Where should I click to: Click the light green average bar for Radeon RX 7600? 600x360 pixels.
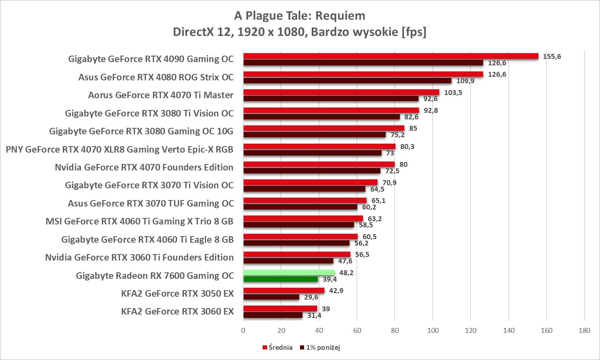click(289, 273)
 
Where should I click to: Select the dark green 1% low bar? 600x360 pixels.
click(281, 279)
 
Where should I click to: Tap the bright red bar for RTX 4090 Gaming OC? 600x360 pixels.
click(391, 56)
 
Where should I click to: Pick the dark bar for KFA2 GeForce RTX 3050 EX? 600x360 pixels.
click(271, 297)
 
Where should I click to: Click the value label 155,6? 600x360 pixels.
click(552, 56)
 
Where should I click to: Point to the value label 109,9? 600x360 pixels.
click(465, 81)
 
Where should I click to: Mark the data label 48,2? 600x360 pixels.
click(346, 273)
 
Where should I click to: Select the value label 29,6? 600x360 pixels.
click(311, 297)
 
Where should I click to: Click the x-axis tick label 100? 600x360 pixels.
click(433, 330)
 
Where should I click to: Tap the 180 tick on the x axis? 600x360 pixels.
click(584, 330)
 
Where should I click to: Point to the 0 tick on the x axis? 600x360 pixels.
click(243, 330)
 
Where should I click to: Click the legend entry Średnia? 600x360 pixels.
click(278, 347)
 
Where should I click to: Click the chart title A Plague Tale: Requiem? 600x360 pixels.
click(300, 16)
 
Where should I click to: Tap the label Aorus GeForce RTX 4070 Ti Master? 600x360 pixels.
click(161, 95)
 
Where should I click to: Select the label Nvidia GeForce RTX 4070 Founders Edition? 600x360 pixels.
click(144, 167)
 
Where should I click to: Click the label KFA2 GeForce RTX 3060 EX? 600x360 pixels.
click(177, 311)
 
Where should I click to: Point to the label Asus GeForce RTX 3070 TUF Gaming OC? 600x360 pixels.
click(151, 203)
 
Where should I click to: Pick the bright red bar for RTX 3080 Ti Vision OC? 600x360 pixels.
click(331, 110)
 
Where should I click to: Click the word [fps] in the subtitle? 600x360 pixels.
click(414, 32)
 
